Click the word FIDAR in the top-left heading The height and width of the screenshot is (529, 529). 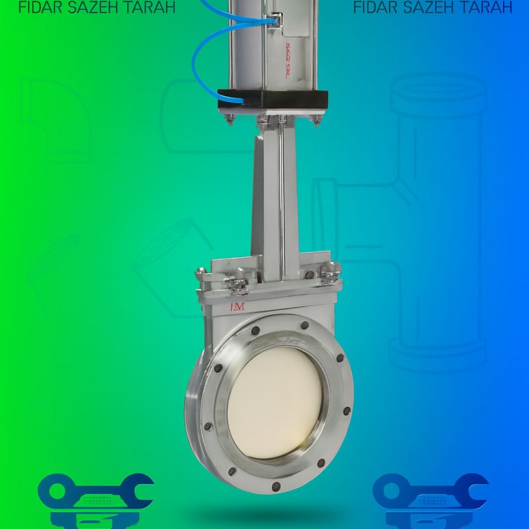[x=40, y=7]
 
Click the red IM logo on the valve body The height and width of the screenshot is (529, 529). [x=237, y=307]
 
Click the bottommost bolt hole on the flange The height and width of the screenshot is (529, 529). [x=276, y=487]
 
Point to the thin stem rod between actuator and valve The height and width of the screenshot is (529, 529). [x=281, y=198]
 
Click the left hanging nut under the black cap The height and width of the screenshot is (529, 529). [x=230, y=120]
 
